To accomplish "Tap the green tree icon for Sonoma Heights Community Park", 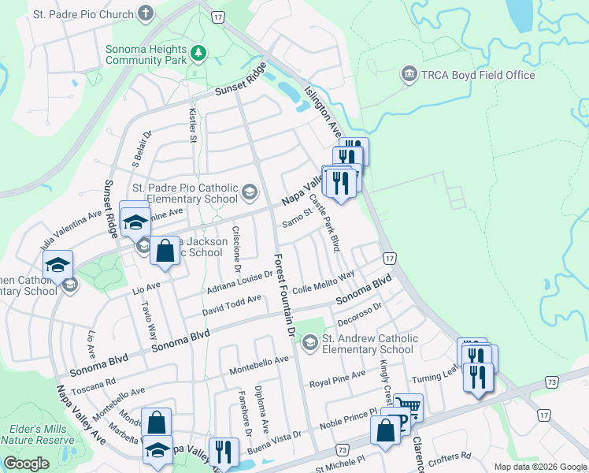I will coord(200,53).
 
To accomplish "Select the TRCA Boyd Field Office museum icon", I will coord(409,75).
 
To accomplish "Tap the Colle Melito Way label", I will coord(322,283).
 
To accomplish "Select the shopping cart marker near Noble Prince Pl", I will coord(408,408).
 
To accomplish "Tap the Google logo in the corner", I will coord(26,464).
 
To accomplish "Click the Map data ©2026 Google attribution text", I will coord(539,467).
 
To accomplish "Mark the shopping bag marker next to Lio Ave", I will coord(165,251).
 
